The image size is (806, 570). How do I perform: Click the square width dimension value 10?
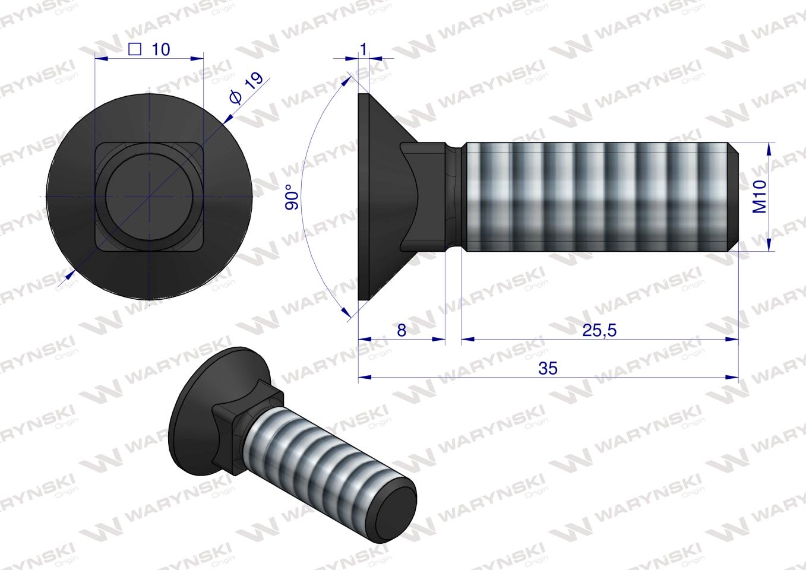(x=160, y=49)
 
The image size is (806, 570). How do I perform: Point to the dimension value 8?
(x=402, y=330)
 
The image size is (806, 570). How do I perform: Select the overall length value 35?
(x=548, y=368)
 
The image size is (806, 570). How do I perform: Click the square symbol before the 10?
(x=135, y=49)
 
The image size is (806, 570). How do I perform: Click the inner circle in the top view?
(x=148, y=197)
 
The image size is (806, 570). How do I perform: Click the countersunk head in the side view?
(x=380, y=197)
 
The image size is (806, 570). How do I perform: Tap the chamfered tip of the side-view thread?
(x=734, y=197)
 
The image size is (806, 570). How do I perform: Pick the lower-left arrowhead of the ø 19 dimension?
(x=70, y=274)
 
